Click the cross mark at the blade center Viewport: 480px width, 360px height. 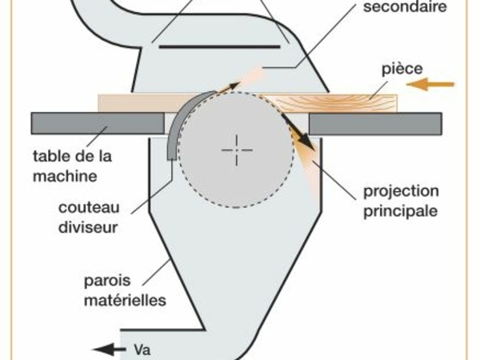(237, 150)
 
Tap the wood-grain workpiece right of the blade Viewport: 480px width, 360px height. (344, 102)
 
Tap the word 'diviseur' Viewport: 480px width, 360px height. (89, 227)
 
